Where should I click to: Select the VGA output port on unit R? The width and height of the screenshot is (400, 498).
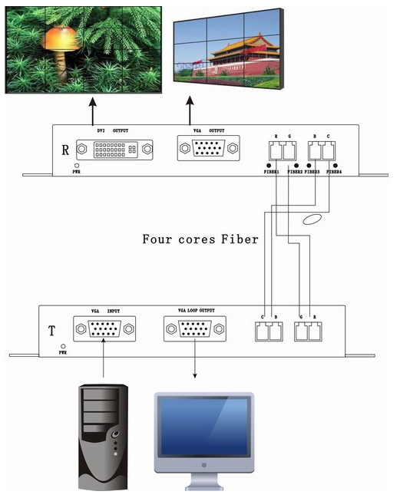coord(208,149)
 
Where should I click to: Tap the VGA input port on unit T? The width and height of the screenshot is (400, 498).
coord(104,330)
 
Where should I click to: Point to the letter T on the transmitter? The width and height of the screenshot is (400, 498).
coord(51,331)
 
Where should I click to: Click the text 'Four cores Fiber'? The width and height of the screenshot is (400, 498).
coord(200,239)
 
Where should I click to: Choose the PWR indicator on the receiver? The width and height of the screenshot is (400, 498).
coord(77,166)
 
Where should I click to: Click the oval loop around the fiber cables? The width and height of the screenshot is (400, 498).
coord(312,220)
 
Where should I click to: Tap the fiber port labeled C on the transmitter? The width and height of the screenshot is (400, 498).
coord(262,332)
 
